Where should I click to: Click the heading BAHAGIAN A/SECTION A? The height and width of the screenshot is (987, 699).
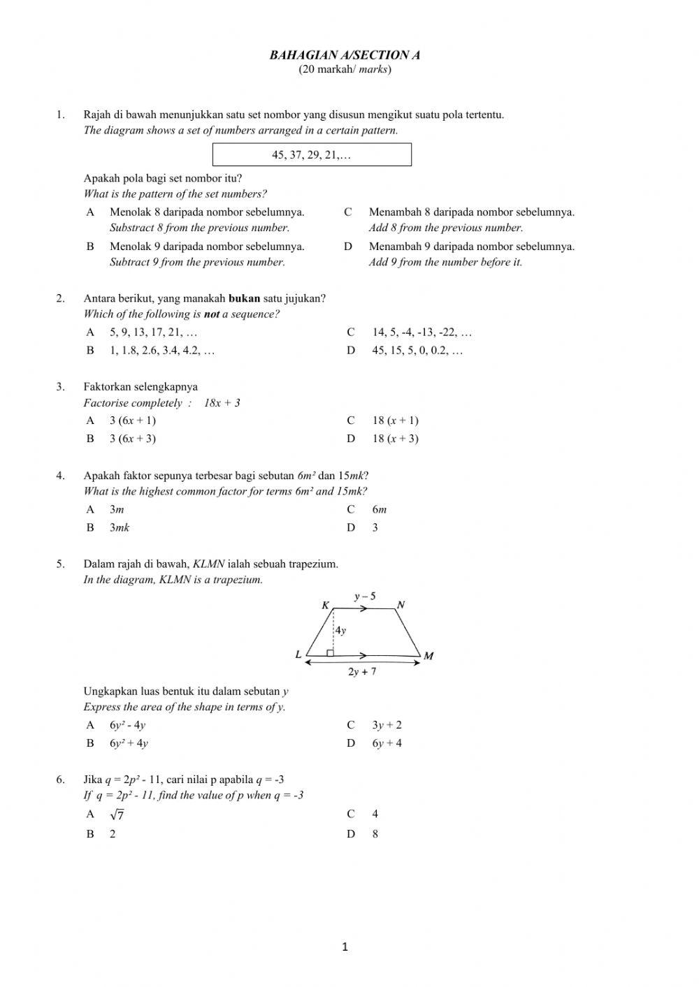coord(345,55)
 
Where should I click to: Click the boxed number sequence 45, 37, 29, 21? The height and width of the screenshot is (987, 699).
coord(312,155)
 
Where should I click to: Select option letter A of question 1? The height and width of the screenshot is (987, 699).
coord(90,212)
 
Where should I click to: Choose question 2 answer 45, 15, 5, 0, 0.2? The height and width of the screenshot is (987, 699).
coord(417,351)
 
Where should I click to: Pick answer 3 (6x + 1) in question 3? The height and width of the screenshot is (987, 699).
coord(132,421)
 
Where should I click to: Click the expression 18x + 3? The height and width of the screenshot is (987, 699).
coord(222,403)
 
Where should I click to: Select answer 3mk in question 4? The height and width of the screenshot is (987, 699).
coord(120,528)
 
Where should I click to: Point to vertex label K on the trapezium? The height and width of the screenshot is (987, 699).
coord(325,606)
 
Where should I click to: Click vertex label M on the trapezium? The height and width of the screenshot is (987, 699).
coord(428,656)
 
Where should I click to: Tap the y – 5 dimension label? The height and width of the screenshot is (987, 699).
coord(364,597)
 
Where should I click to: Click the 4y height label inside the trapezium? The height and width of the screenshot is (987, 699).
coord(340,630)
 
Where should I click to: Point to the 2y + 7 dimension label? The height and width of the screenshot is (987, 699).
coord(362,672)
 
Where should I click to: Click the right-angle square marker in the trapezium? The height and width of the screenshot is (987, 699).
coord(330,652)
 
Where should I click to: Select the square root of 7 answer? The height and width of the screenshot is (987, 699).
coord(117,814)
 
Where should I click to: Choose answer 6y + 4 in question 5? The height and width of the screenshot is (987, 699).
coord(387,743)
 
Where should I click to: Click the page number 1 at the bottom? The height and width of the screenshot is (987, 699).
coord(345,947)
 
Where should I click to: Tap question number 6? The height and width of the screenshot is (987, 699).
coord(61,780)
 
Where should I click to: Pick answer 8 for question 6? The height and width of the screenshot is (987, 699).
coord(375,834)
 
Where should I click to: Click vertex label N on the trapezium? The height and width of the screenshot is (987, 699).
coord(401,605)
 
